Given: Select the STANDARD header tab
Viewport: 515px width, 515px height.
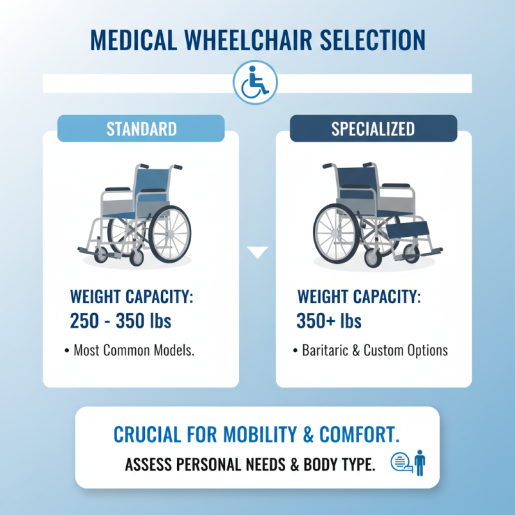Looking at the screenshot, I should (x=141, y=128).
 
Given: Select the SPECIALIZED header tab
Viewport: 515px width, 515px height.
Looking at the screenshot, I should (x=373, y=128).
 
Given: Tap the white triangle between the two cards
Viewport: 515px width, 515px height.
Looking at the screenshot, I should (x=257, y=252).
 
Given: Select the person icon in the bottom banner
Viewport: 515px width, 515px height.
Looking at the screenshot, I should (x=420, y=463).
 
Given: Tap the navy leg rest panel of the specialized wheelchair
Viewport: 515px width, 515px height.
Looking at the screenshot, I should (x=407, y=227).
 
